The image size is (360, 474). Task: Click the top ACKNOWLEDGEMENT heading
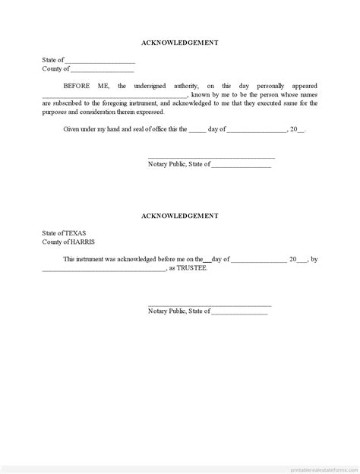[x=180, y=43]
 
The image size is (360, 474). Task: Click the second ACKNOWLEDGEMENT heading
[x=180, y=216]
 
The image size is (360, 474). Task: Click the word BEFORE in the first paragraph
[x=76, y=86]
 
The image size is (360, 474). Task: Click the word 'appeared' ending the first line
[x=302, y=86]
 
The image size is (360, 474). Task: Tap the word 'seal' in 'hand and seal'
[x=127, y=129]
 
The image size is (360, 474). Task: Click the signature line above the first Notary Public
[x=210, y=156]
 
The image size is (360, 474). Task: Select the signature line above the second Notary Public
[x=210, y=304]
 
